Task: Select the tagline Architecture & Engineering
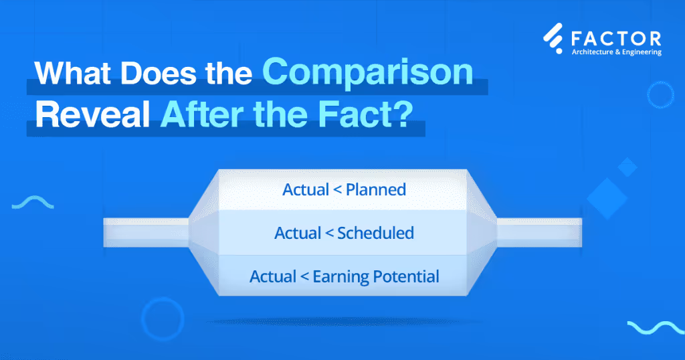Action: coord(615,52)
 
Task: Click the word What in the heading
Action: coord(74,73)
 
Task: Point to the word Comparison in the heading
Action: coord(367,73)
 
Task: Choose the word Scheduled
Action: coord(375,233)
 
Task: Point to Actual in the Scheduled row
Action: coord(297,233)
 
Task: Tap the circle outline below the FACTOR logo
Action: coord(660,96)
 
